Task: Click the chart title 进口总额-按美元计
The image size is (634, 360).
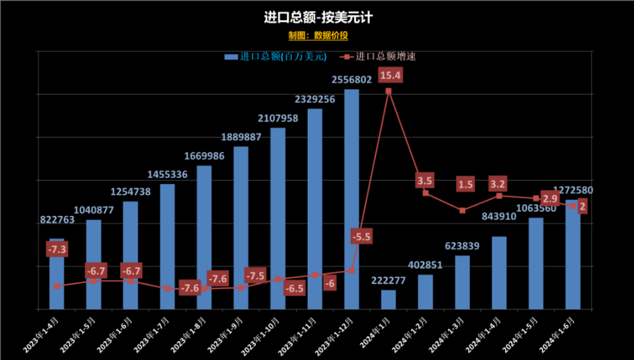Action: tap(317, 17)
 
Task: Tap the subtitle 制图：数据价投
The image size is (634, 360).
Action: tap(318, 35)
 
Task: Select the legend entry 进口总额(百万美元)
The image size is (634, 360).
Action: tap(276, 56)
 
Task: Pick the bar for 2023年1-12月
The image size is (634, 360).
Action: tap(352, 199)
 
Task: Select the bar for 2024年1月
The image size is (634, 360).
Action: tap(389, 300)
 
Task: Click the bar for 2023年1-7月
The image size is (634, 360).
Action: tap(167, 246)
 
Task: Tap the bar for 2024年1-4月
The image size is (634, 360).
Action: tap(499, 273)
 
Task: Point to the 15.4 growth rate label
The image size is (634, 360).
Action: tap(390, 75)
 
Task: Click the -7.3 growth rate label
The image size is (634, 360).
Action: tap(57, 250)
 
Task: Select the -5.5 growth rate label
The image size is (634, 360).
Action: tap(360, 236)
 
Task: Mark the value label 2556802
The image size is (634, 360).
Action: tap(352, 80)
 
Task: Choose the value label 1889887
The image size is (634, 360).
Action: tap(241, 137)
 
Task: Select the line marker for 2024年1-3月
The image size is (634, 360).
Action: tap(463, 211)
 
